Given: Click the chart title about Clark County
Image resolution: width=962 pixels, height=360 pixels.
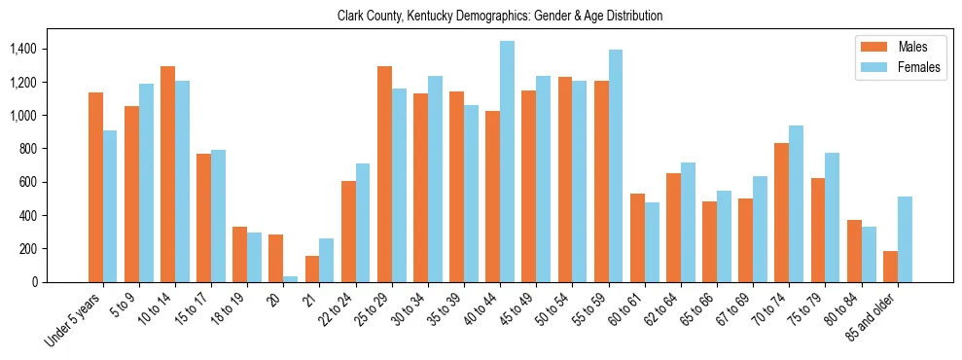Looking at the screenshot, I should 500,16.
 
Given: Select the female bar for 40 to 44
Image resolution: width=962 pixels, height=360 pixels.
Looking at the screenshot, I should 507,162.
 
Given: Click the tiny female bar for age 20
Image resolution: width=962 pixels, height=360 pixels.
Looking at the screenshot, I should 291,279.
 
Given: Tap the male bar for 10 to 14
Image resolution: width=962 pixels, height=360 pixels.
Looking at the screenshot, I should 167,174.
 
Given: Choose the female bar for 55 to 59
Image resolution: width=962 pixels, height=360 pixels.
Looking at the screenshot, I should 615,165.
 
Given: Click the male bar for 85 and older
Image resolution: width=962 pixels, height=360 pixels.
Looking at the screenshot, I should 889,267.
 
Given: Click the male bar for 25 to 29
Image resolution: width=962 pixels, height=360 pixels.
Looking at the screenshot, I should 384,174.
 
